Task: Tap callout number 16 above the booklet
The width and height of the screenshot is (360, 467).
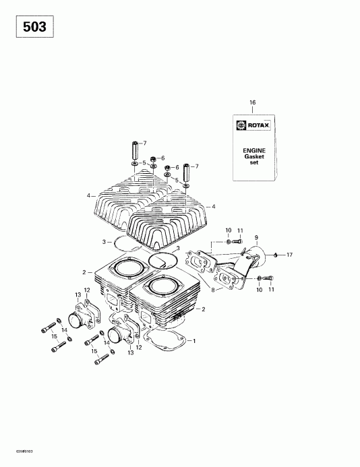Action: point(253,102)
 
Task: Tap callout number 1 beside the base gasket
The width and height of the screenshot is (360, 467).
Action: point(195,340)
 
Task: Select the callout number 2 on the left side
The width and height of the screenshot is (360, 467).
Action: point(84,272)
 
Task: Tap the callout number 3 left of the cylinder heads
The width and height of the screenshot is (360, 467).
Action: point(103,241)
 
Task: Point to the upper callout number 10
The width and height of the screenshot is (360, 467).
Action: point(229,231)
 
